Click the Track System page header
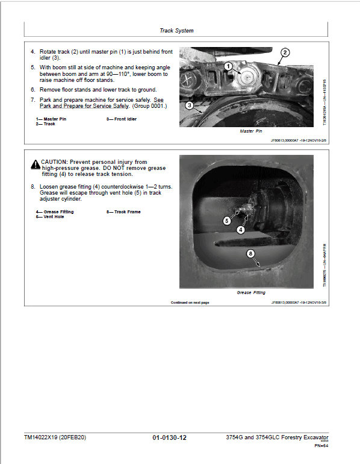(x=176, y=30)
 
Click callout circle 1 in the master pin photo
(x=228, y=65)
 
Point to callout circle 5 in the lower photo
(x=227, y=221)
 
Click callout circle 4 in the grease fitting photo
(x=241, y=230)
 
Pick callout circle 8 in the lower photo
(x=251, y=254)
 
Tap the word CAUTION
(x=55, y=162)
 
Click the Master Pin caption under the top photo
(x=251, y=131)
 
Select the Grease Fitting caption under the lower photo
(x=251, y=292)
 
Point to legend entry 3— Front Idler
(x=122, y=119)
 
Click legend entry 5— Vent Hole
(x=50, y=216)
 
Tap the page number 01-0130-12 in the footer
(x=170, y=437)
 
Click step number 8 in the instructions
(x=33, y=187)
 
